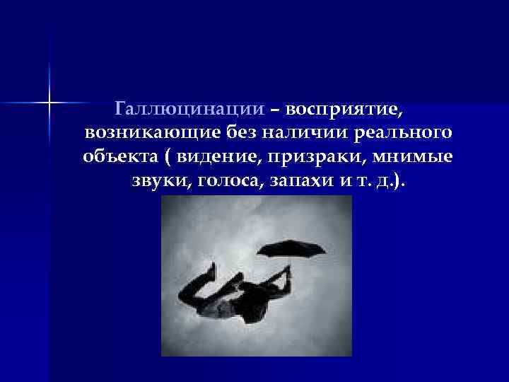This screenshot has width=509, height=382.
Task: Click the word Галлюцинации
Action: click(190, 110)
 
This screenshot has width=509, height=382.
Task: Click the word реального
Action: click(402, 133)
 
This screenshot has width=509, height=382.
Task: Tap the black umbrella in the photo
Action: click(291, 249)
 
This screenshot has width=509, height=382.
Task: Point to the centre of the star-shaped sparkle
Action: click(50, 103)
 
